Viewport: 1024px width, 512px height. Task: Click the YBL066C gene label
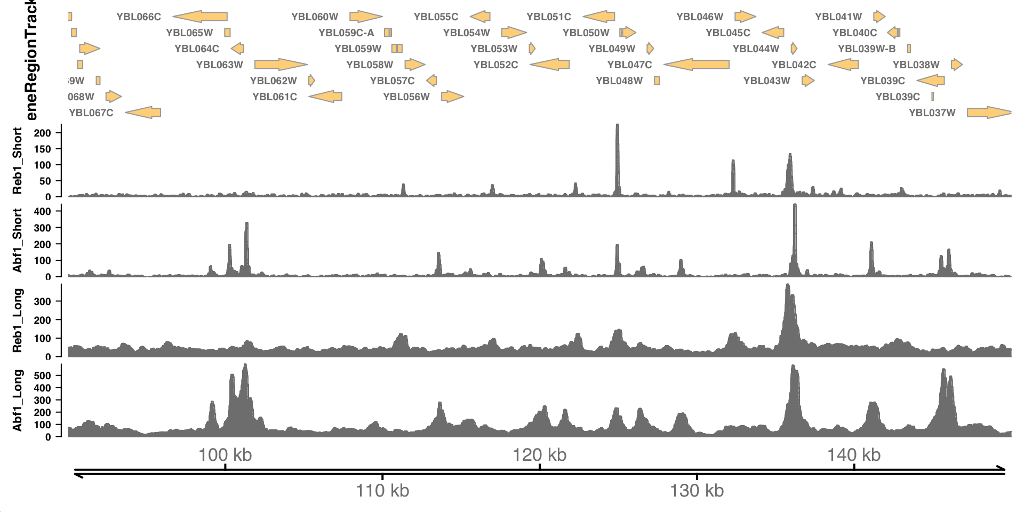pyautogui.click(x=139, y=17)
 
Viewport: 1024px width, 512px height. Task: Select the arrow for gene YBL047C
pyautogui.click(x=697, y=65)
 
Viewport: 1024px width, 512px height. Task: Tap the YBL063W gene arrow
pyautogui.click(x=281, y=65)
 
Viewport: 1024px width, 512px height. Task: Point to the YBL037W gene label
pyautogui.click(x=932, y=113)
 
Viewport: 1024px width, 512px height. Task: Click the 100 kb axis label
pyautogui.click(x=225, y=455)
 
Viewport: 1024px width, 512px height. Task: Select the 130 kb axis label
pyautogui.click(x=697, y=490)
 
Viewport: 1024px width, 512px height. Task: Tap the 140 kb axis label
pyautogui.click(x=854, y=455)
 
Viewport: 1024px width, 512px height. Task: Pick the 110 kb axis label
pyautogui.click(x=382, y=490)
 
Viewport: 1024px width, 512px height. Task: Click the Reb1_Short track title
pyautogui.click(x=18, y=161)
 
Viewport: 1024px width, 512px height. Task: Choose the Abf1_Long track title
pyautogui.click(x=18, y=400)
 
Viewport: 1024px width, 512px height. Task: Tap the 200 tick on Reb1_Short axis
pyautogui.click(x=43, y=133)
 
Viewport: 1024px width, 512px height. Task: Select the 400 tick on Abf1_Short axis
pyautogui.click(x=43, y=212)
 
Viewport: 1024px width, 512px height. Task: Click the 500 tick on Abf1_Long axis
pyautogui.click(x=43, y=376)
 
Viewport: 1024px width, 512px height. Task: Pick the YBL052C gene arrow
pyautogui.click(x=550, y=65)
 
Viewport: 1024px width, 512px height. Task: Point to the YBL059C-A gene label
pyautogui.click(x=347, y=33)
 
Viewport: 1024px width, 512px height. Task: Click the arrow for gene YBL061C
pyautogui.click(x=325, y=97)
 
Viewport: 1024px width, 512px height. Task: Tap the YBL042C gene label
pyautogui.click(x=794, y=65)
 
